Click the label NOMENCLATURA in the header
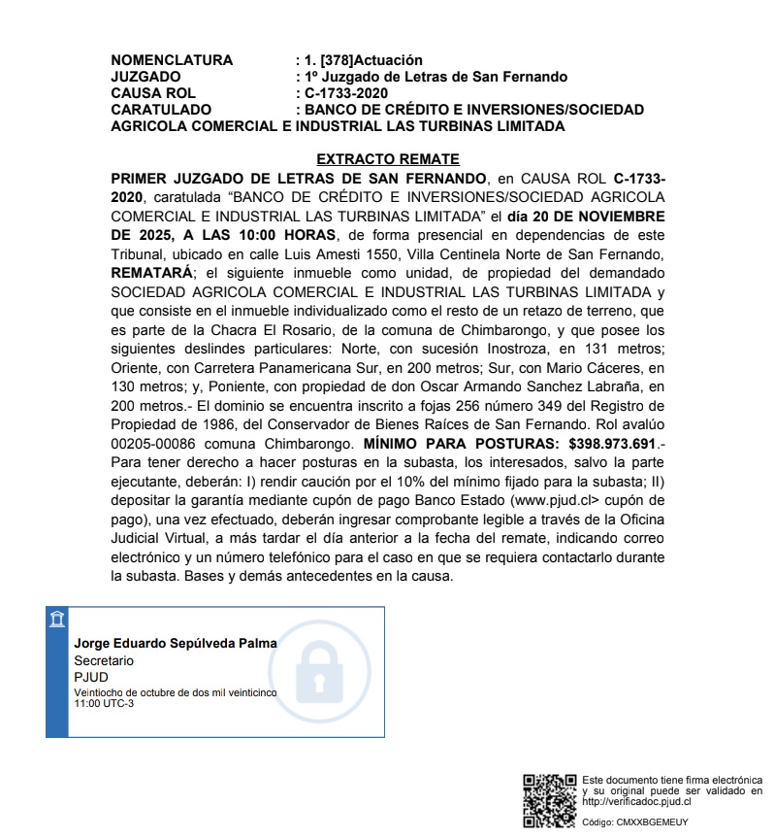pos(172,60)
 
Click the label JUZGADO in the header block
pos(146,77)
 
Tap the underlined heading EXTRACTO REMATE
pos(388,159)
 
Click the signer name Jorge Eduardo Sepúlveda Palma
pos(176,644)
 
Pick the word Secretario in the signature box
pos(104,660)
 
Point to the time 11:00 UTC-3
pos(104,703)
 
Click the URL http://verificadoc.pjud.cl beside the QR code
pos(636,802)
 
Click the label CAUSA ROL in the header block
pos(153,93)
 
